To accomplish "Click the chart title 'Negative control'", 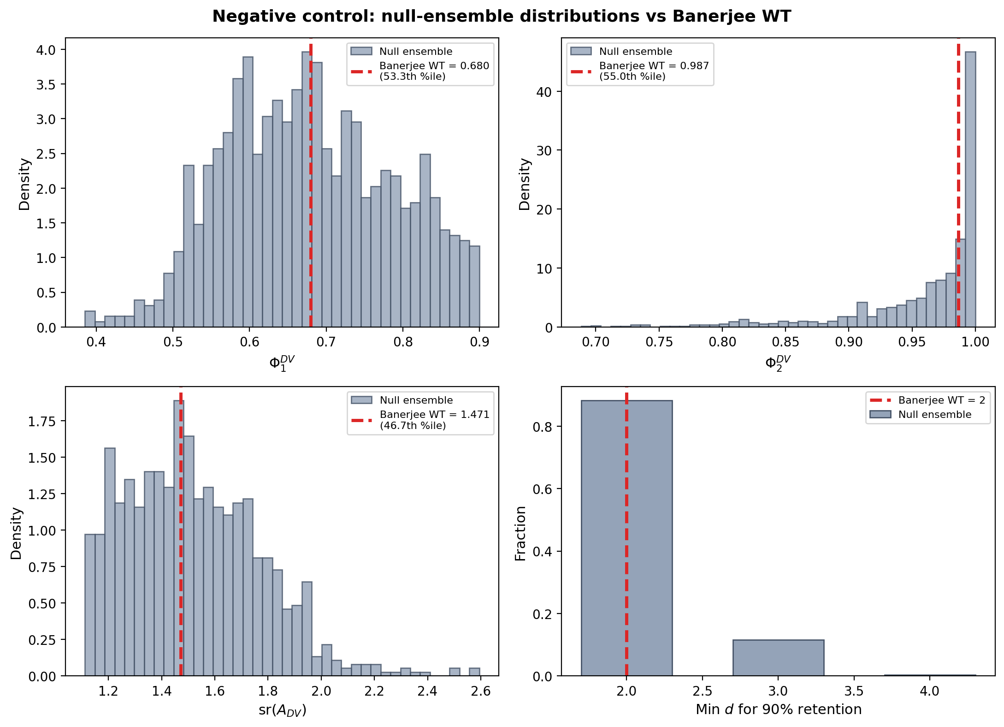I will [x=502, y=17].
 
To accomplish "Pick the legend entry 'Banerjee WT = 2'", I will [x=941, y=400].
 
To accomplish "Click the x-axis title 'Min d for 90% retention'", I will [x=779, y=709].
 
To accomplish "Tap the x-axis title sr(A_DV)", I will [x=282, y=710].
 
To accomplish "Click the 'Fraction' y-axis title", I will [x=520, y=533].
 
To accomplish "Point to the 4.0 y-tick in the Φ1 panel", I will [x=45, y=50].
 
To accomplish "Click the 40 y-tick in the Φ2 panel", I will [x=544, y=92].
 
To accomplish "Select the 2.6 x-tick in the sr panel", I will [x=481, y=691].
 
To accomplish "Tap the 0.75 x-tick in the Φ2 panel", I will [x=659, y=342].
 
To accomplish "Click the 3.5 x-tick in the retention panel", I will [x=854, y=691].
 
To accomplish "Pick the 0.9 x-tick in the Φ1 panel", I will [x=479, y=342].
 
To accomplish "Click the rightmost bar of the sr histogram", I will [x=474, y=672].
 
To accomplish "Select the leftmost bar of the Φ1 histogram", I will [x=90, y=319].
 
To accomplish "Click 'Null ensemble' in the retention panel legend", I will [x=934, y=415].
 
